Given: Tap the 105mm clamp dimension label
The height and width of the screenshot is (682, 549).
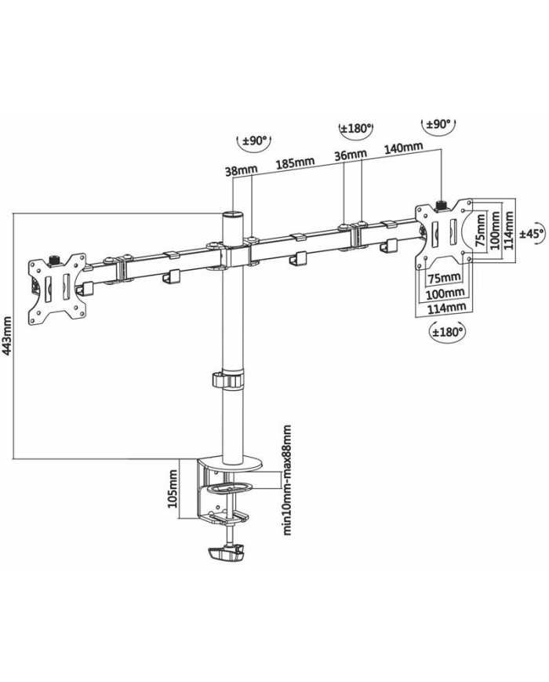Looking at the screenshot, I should tap(174, 489).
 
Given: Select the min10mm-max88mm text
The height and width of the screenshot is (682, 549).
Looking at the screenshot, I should tap(287, 480).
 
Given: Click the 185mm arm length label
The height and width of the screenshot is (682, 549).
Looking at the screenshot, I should tap(295, 163).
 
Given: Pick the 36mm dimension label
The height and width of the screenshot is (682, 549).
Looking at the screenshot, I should tap(351, 155).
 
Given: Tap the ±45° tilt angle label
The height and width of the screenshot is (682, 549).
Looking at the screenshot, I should tap(533, 233).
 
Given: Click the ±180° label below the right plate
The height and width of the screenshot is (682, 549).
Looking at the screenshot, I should tap(448, 333).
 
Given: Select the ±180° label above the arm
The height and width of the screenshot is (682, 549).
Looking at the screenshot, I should tap(355, 129).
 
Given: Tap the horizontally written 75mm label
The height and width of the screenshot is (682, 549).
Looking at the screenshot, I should tap(445, 277).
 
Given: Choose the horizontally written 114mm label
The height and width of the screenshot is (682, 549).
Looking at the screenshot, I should tap(445, 308).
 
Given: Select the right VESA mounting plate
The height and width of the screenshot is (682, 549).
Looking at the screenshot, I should tap(444, 232).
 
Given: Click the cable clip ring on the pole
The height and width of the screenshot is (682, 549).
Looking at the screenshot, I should tap(227, 381).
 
